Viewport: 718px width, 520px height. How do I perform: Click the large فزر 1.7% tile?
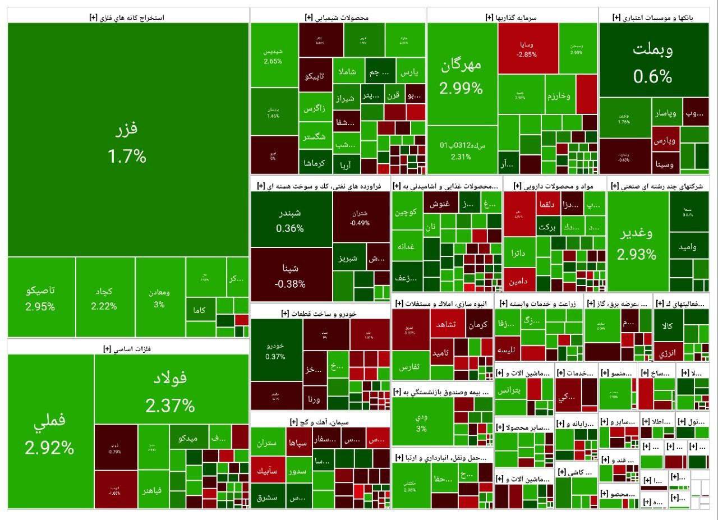pos(127,140)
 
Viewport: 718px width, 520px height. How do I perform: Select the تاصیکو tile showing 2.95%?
pos(40,298)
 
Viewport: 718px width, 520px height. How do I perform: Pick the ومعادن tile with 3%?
pos(159,298)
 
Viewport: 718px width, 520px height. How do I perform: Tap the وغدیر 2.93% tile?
pos(637,241)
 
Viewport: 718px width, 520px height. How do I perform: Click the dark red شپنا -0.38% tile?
pos(291,275)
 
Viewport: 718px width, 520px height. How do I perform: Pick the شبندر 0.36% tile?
pos(290,220)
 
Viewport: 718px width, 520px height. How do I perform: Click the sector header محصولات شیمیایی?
pos(337,17)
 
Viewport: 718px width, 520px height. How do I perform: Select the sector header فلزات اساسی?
pos(128,348)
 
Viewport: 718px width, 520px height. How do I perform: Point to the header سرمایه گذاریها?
pos(512,17)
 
